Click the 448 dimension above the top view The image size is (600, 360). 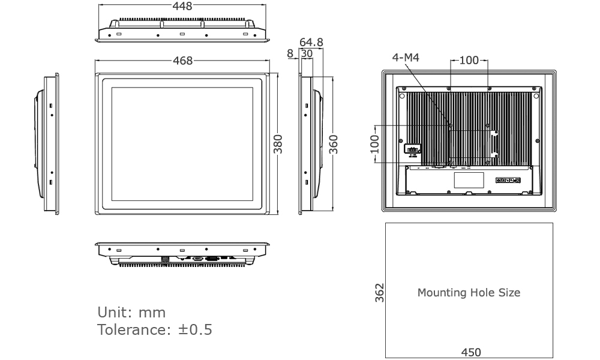tap(182, 7)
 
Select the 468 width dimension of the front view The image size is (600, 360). tap(182, 61)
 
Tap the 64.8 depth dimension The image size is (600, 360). tap(311, 42)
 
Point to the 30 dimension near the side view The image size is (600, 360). tap(307, 53)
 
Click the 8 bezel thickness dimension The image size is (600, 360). tap(290, 53)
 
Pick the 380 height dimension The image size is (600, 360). tap(278, 144)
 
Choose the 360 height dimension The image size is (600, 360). tap(334, 144)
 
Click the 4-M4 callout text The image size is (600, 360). tap(406, 58)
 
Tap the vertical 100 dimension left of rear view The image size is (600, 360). tap(374, 145)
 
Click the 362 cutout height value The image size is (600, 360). tap(380, 293)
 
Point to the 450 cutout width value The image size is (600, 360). tap(470, 352)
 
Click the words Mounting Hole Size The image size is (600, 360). tap(469, 293)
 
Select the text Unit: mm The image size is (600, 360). tap(131, 313)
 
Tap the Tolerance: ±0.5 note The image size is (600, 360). tap(155, 330)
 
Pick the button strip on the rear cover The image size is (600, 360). tap(508, 180)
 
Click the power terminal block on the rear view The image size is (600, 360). tap(412, 148)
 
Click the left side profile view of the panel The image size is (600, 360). tap(48, 144)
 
